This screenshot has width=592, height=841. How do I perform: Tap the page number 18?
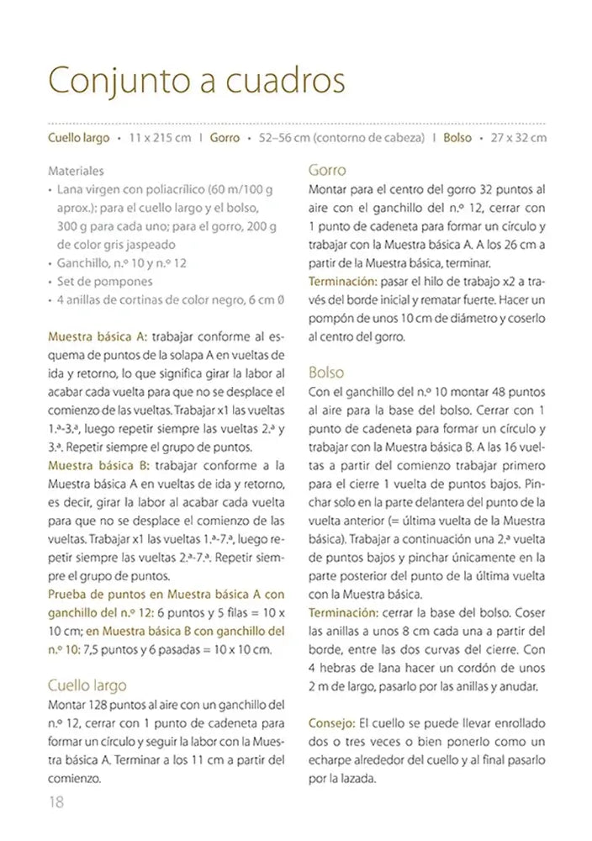[x=55, y=801]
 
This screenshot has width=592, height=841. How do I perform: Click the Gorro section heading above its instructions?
[x=327, y=169]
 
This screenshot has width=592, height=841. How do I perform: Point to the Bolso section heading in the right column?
[x=326, y=371]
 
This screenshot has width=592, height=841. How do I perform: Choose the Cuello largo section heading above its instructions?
[x=87, y=685]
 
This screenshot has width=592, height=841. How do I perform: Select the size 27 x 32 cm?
[x=518, y=138]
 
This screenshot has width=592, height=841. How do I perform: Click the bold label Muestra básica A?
[x=98, y=336]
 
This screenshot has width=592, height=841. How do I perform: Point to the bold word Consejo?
[x=332, y=722]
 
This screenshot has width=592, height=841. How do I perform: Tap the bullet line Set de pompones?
[x=106, y=282]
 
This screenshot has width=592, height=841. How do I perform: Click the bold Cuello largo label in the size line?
[x=79, y=138]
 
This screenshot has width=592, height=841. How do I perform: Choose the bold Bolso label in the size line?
[x=457, y=138]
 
